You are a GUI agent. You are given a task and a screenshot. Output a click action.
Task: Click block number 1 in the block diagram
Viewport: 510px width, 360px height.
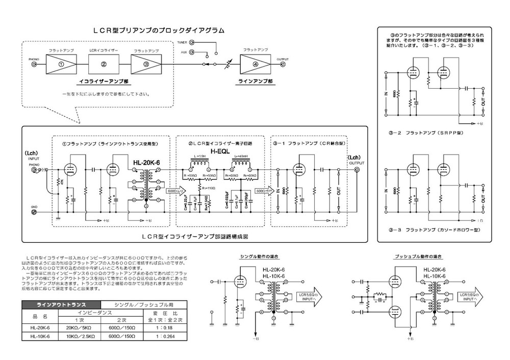click(61, 65)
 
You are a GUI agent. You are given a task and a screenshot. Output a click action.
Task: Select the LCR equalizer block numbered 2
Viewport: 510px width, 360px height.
click(104, 65)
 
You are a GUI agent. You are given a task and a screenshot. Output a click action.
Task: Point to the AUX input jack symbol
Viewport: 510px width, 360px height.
click(192, 53)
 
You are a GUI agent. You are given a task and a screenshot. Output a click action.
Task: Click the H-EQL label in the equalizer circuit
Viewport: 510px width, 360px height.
click(221, 152)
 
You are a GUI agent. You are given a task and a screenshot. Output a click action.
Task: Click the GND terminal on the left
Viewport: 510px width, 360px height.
click(34, 212)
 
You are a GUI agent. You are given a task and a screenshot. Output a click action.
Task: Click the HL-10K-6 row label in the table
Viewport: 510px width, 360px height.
click(39, 337)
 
